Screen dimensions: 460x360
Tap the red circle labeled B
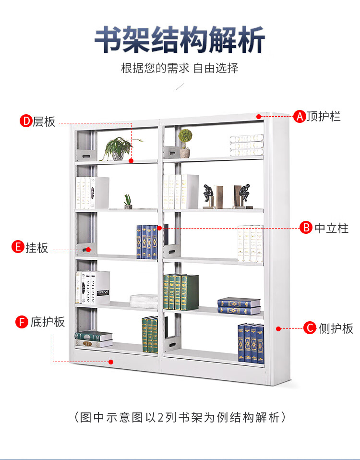[306, 228]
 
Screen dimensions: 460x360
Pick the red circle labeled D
[25, 121]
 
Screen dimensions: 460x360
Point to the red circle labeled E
[18, 248]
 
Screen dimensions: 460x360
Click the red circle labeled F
[22, 322]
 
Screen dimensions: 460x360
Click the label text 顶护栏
[324, 116]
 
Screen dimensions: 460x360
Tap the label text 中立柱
[331, 228]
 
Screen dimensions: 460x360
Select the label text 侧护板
[336, 328]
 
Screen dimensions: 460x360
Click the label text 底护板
[48, 322]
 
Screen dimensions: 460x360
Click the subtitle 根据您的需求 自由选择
[180, 68]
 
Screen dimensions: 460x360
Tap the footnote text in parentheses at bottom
[180, 417]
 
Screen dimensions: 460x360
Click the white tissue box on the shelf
[144, 301]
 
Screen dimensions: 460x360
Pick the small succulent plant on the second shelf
[128, 201]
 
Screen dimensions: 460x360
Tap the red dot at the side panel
[278, 328]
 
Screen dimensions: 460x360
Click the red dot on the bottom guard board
[111, 362]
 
